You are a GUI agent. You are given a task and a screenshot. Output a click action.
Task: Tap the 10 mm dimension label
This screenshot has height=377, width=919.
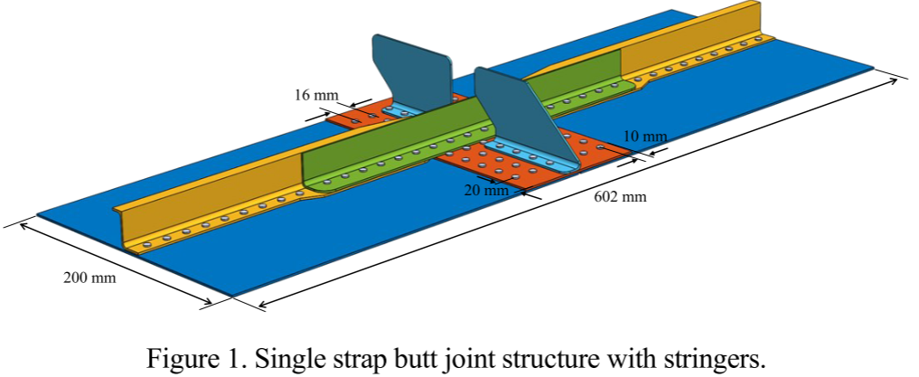(x=645, y=137)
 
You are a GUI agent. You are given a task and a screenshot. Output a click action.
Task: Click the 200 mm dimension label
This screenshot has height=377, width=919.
(x=89, y=278)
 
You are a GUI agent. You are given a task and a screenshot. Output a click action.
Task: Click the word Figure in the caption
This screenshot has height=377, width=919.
(x=180, y=358)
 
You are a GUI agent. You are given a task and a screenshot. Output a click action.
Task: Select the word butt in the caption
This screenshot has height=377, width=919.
(x=422, y=358)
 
